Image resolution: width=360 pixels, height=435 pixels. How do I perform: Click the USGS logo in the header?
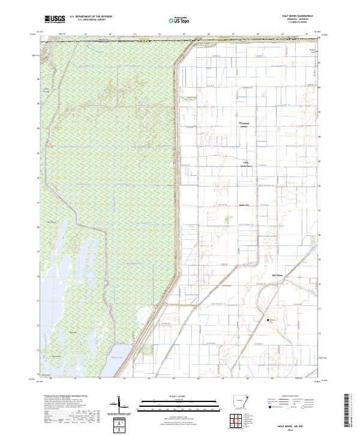(55, 19)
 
